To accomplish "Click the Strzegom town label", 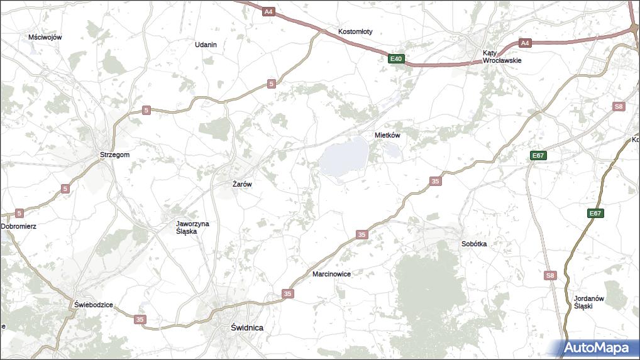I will coord(114,155).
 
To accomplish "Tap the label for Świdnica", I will coord(246,327).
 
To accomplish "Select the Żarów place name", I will coord(242,185).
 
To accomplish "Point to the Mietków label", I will coord(387,135).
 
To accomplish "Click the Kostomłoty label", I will coord(355,31).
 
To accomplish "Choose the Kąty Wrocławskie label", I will coord(502,57).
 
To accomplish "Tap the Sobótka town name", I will coord(473,244).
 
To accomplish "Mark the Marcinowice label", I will coord(331,275).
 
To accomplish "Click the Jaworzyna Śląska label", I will coord(192,227).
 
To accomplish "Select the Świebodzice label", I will coord(93,305).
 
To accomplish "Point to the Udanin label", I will coord(206,45).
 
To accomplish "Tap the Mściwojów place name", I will coord(45,37).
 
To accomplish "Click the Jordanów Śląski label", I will coord(589,302).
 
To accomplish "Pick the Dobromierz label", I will coord(18,226).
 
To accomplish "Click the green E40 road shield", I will coord(395,59).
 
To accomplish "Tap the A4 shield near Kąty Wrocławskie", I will coord(525,43).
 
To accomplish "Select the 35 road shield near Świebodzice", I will coord(140,320).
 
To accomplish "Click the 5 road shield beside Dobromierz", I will coord(19,213).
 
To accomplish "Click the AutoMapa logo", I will coord(596,347).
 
